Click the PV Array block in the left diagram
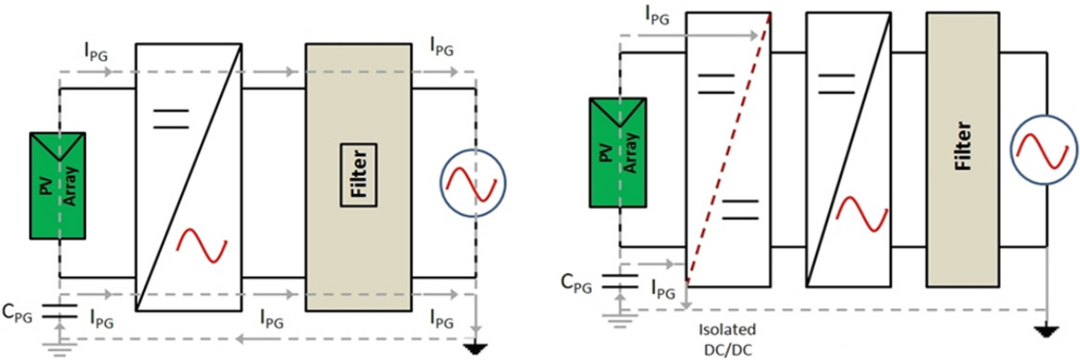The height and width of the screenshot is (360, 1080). coord(58,186)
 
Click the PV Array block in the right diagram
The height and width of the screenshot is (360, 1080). coord(618,153)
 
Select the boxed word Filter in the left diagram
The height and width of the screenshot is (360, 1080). coord(359,175)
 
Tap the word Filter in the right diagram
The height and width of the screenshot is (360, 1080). coord(963,145)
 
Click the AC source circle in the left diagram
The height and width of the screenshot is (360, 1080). coord(440,183)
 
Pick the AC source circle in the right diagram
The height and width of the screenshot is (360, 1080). coord(1011,150)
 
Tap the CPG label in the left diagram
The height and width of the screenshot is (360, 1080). coord(18,313)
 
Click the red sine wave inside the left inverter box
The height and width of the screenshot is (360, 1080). coord(202,246)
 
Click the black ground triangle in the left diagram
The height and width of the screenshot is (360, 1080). coord(475,349)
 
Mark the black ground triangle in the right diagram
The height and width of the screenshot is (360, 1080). coord(1047,333)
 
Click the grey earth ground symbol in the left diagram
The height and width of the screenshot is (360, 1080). coord(60,349)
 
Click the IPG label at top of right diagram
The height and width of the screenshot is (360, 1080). coord(658,16)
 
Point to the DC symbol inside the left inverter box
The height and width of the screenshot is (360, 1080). coord(171,119)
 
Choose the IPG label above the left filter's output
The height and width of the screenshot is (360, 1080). coord(442,48)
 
